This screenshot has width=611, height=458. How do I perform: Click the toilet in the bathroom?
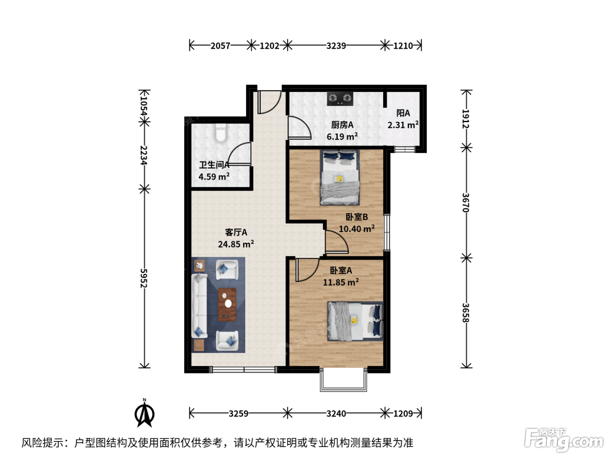tap(221, 133)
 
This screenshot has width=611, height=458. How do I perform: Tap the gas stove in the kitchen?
tap(340, 99)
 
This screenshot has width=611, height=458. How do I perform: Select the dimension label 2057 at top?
tap(220, 46)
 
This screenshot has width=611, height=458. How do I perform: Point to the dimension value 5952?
tap(144, 278)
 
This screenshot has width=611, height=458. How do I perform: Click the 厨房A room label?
tap(342, 125)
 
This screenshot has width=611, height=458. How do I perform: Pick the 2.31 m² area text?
tap(403, 125)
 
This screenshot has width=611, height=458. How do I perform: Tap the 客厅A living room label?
tap(236, 232)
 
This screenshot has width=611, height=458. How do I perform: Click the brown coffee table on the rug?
tap(227, 305)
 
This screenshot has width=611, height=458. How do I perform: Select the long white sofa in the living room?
tap(199, 306)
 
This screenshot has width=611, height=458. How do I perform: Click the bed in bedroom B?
tap(340, 178)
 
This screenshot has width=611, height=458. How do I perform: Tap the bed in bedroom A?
tap(355, 321)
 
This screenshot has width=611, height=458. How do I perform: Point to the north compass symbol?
tap(144, 413)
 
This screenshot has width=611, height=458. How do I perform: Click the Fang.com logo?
tap(564, 440)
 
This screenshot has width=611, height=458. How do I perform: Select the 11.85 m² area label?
tap(341, 282)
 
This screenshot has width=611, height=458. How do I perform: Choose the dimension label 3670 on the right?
tap(466, 203)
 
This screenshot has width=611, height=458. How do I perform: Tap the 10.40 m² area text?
tap(357, 229)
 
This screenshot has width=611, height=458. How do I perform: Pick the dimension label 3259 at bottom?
tap(238, 414)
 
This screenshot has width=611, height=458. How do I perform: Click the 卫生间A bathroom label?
tap(214, 165)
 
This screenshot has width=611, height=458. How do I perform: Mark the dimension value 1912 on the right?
tap(466, 119)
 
